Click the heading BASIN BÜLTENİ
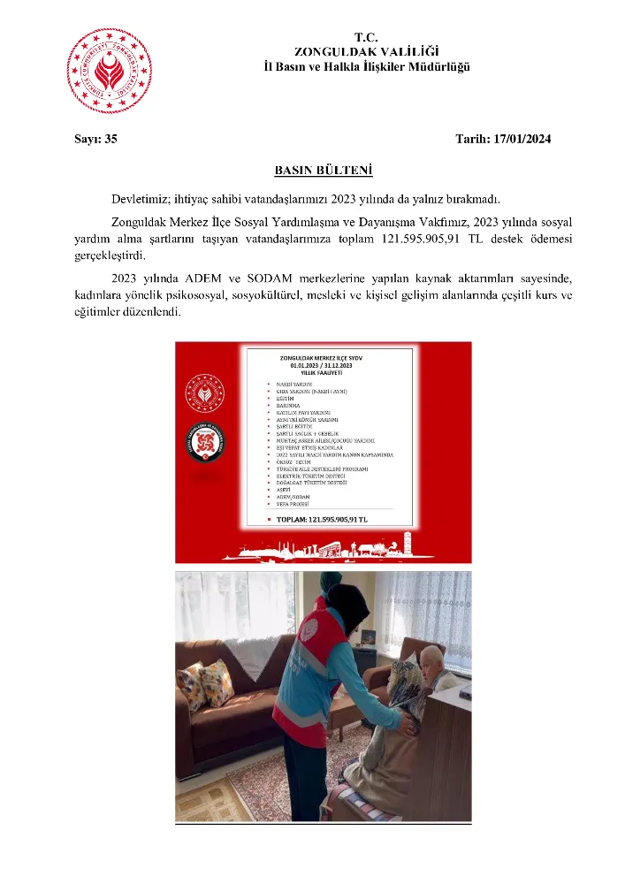point(311,169)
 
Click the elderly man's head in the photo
point(431,659)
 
